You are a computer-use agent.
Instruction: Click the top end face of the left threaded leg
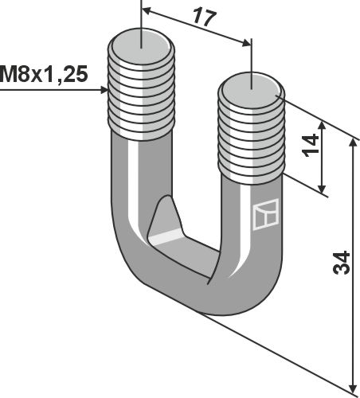tap(140, 39)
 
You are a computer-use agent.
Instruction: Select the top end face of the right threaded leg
tap(251, 83)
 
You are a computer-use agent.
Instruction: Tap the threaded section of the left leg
tap(140, 92)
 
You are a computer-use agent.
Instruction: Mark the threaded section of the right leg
tap(249, 135)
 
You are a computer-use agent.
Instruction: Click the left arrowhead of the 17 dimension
tap(146, 10)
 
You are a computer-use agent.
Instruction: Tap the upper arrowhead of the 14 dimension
tap(322, 125)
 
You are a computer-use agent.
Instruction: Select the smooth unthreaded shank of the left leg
tap(129, 183)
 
